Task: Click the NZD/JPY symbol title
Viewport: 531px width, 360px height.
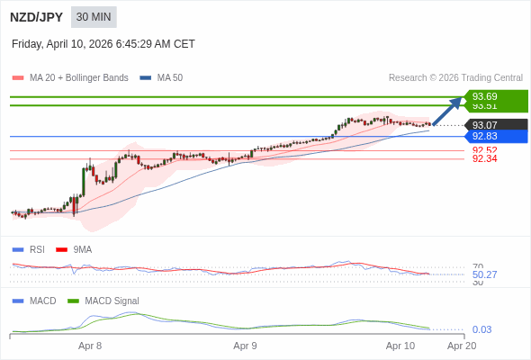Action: click(x=36, y=17)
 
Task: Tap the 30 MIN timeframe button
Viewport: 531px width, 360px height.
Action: click(x=94, y=17)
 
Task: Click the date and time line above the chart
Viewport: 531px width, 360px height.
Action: click(x=103, y=44)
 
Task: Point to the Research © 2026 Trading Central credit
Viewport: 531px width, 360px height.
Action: click(x=455, y=78)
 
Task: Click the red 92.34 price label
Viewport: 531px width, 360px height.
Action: click(x=484, y=159)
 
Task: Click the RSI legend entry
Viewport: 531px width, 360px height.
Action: click(x=36, y=249)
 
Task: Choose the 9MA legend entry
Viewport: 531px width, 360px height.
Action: click(x=82, y=249)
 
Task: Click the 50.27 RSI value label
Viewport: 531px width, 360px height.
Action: click(x=484, y=274)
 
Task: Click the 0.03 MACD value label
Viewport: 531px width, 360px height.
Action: click(x=481, y=329)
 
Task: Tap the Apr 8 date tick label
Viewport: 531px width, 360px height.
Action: click(x=90, y=346)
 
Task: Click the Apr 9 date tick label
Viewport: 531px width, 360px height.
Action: click(x=245, y=346)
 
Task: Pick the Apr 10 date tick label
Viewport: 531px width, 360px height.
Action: click(x=400, y=346)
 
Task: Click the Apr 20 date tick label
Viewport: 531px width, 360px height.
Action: click(x=462, y=346)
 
